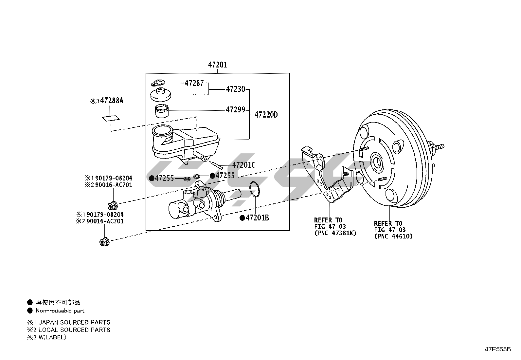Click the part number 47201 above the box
pyautogui.click(x=218, y=65)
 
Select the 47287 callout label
pyautogui.click(x=194, y=83)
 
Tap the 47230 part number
pyautogui.click(x=235, y=89)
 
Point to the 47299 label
pyautogui.click(x=235, y=109)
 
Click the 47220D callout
pyautogui.click(x=266, y=115)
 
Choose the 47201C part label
pyautogui.click(x=244, y=165)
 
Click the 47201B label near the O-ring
pyautogui.click(x=257, y=218)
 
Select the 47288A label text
pyautogui.click(x=112, y=101)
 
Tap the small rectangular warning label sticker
pyautogui.click(x=111, y=118)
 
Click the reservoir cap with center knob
pyautogui.click(x=160, y=95)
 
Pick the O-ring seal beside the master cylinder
pyautogui.click(x=255, y=189)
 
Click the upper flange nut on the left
pyautogui.click(x=113, y=205)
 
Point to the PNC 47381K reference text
pyautogui.click(x=335, y=233)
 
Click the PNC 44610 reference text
pyautogui.click(x=393, y=237)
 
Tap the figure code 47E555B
pyautogui.click(x=498, y=349)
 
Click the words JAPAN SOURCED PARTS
pyautogui.click(x=74, y=322)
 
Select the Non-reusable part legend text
pyautogui.click(x=60, y=311)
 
